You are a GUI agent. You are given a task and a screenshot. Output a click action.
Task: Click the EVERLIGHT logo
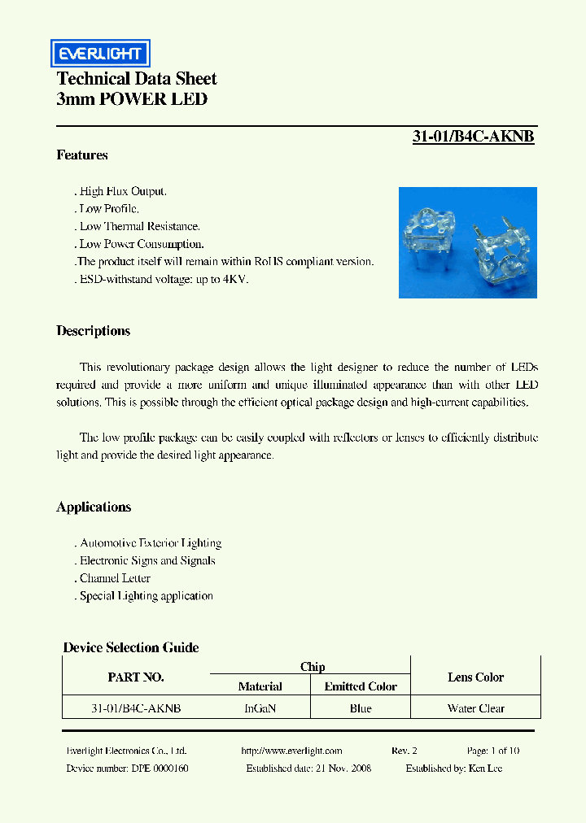[100, 54]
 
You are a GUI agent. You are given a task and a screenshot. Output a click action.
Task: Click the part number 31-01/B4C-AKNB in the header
[473, 137]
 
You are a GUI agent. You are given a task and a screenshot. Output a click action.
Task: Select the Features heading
[82, 155]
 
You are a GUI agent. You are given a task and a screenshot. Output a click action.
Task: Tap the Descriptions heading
[93, 331]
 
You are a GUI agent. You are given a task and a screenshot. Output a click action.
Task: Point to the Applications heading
[94, 507]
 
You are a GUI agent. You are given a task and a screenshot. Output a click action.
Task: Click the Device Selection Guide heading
[131, 647]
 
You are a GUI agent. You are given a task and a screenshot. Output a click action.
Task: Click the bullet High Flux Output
[123, 191]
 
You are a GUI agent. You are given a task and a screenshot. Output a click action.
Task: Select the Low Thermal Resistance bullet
[139, 226]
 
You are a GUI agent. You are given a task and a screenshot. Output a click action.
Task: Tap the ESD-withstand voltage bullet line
[164, 279]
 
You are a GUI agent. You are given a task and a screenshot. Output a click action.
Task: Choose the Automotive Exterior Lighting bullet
[150, 542]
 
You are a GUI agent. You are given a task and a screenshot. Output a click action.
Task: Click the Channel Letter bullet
[115, 578]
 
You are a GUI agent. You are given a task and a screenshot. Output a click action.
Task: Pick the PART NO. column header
[136, 677]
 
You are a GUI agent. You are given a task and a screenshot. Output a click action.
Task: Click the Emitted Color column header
[361, 686]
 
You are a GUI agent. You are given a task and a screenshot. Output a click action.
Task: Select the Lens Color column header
[475, 677]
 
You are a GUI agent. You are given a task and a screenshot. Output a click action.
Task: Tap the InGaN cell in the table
[260, 708]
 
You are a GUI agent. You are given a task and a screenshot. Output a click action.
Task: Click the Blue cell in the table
[361, 708]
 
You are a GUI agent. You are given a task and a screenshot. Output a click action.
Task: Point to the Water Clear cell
[475, 708]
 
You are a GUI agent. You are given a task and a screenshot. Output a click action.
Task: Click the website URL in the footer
[292, 751]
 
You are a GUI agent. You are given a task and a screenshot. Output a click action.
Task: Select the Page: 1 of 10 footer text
[493, 751]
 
